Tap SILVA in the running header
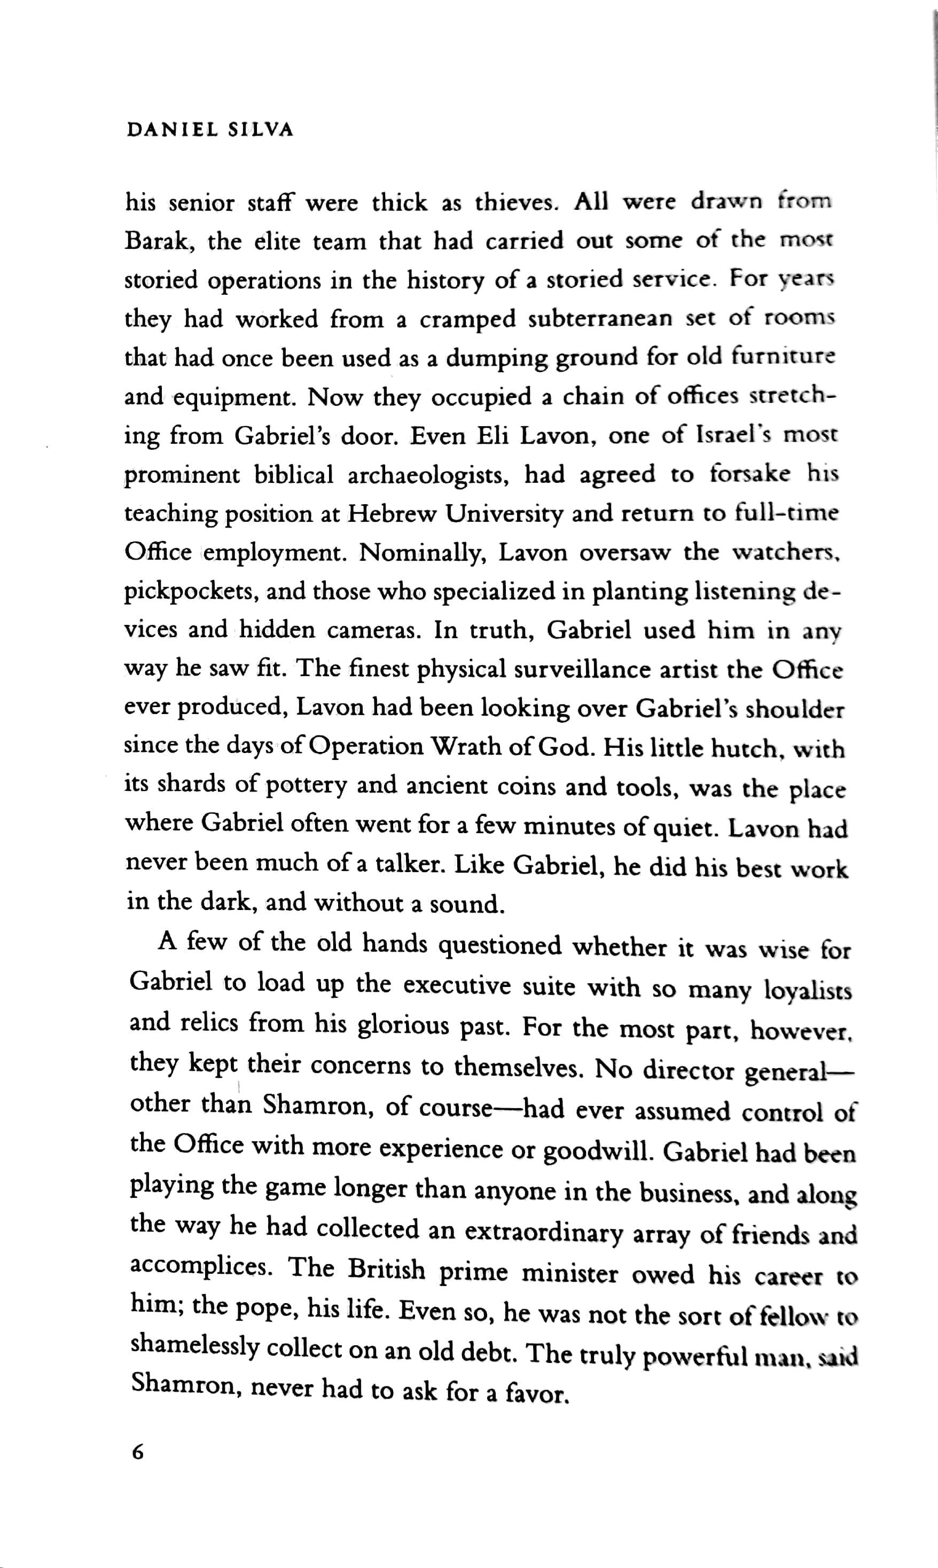[261, 130]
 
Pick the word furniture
[783, 356]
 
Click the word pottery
[306, 785]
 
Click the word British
[386, 1269]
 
